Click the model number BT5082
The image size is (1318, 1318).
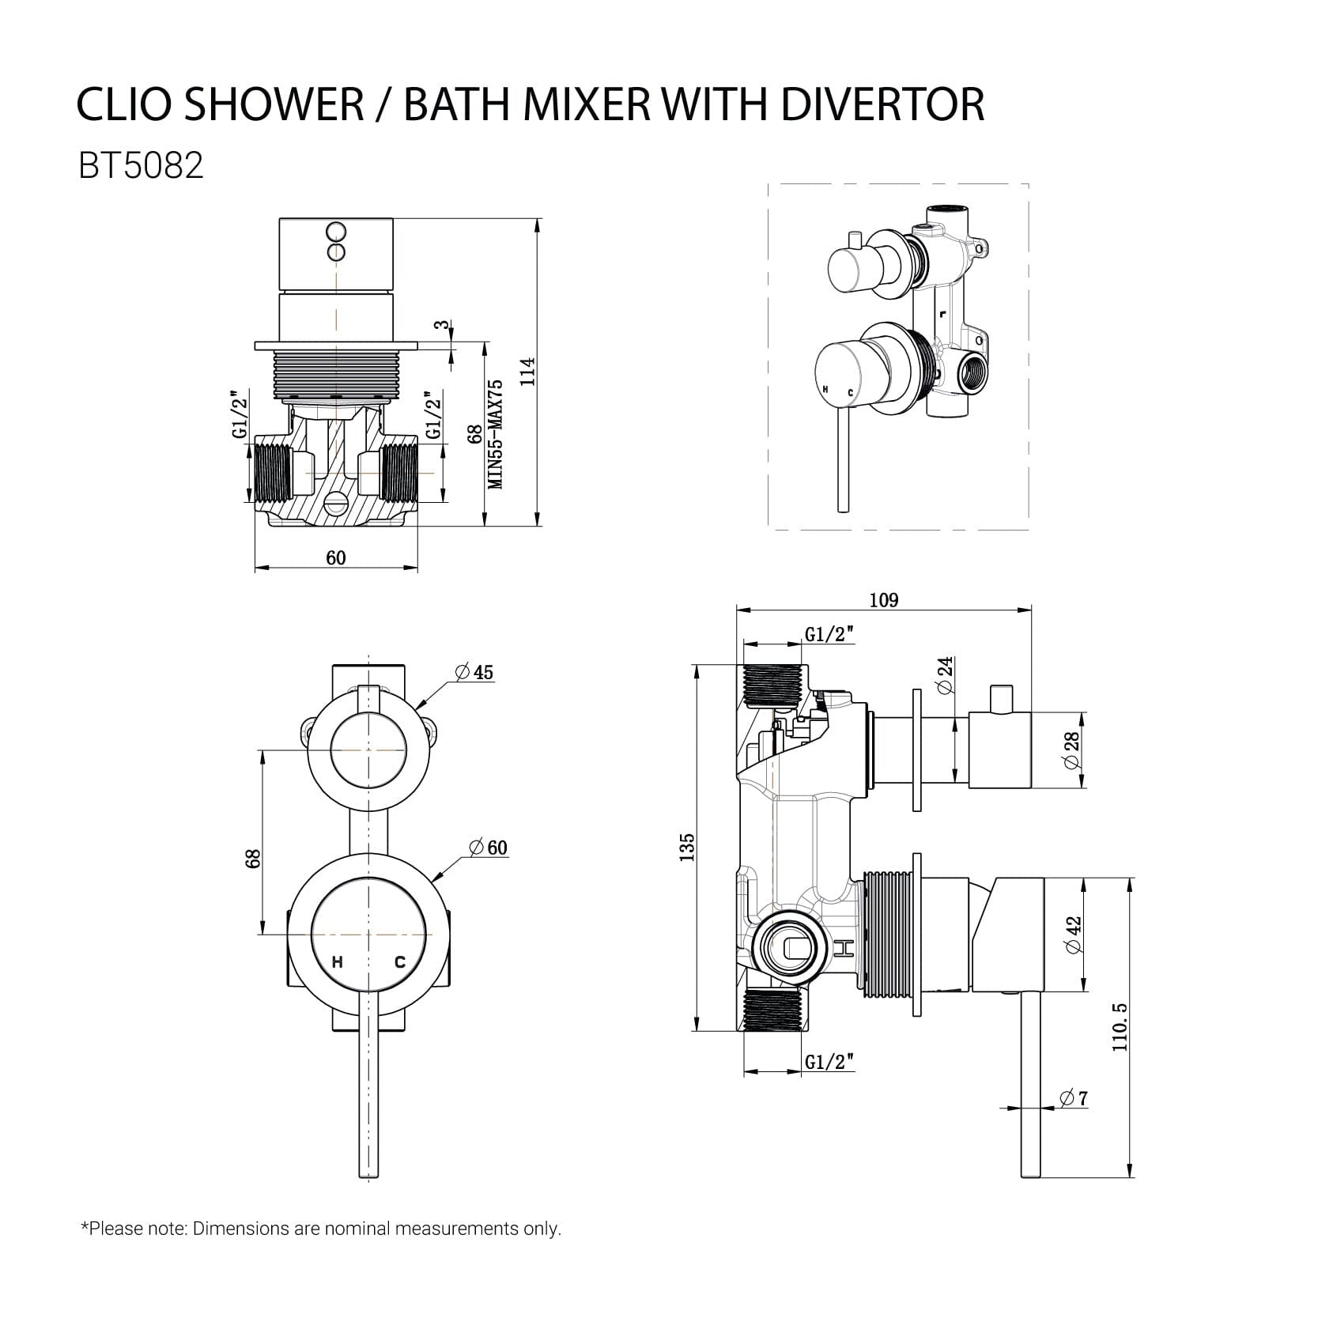pos(141,165)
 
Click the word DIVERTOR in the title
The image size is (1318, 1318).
pos(882,104)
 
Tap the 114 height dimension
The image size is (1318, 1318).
pos(527,372)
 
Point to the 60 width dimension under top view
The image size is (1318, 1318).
pos(336,558)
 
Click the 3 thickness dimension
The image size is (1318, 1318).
pos(443,325)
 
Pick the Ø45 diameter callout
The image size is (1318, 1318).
pos(474,672)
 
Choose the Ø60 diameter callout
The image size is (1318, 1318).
pos(488,848)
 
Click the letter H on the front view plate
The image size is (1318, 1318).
pos(338,962)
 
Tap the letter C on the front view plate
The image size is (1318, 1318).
pos(399,962)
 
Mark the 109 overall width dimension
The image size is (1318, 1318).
pos(883,600)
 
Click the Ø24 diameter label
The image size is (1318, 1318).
pos(946,675)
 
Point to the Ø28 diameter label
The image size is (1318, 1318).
pos(1071,750)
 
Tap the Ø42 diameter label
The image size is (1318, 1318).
pos(1073,935)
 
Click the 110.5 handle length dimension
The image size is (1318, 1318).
pos(1120,1026)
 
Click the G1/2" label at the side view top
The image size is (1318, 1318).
pos(829,634)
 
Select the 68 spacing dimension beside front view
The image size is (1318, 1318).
pos(252,859)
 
